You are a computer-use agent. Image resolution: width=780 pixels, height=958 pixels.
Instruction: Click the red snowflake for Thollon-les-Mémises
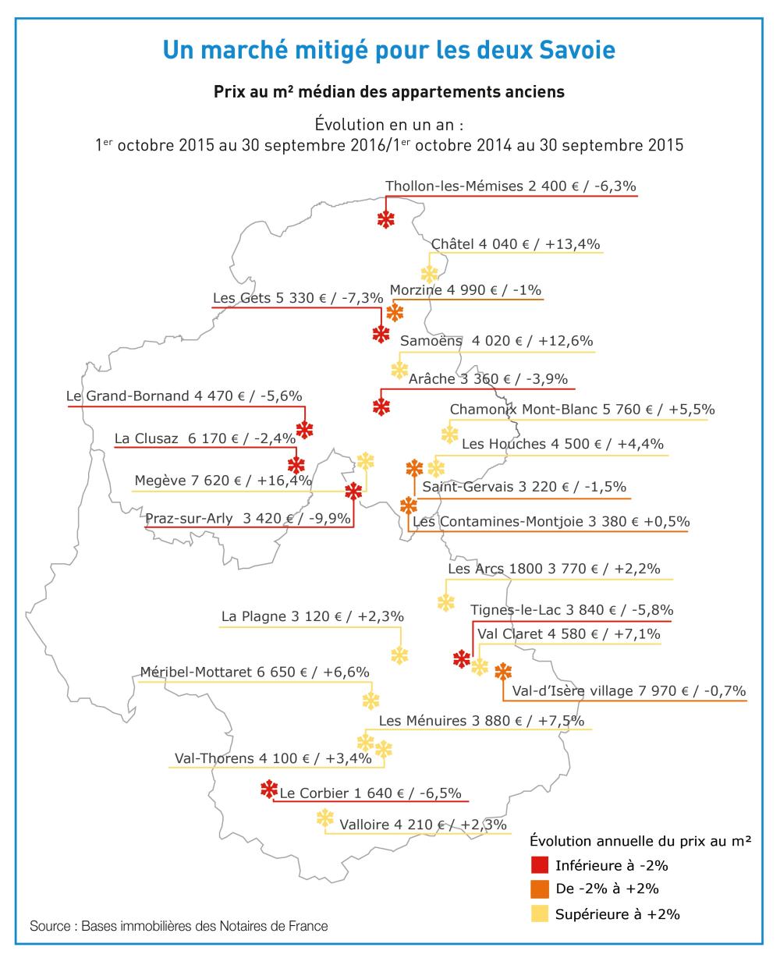385,219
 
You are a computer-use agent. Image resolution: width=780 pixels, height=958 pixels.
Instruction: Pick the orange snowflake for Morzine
395,313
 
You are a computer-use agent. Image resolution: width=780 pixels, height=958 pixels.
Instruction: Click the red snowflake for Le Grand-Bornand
305,429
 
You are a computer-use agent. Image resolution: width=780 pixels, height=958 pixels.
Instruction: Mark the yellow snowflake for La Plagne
399,655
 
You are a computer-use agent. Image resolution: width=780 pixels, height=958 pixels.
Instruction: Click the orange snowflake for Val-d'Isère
503,671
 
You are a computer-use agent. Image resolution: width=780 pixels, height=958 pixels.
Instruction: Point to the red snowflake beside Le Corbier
269,789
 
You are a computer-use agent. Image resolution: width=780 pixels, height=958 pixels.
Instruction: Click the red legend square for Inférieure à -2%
539,865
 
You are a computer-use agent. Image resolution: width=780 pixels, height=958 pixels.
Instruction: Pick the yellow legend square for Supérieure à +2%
539,913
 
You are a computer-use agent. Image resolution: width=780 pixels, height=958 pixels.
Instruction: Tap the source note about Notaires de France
179,926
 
